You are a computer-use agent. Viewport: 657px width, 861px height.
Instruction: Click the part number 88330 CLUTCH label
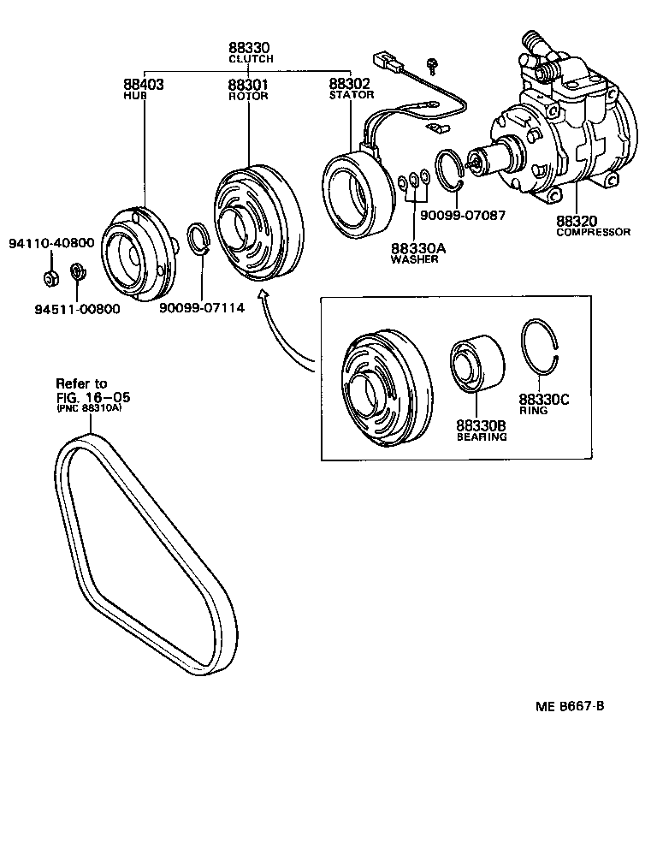pyautogui.click(x=250, y=53)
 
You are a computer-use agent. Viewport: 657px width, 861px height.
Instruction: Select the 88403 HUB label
pyautogui.click(x=144, y=89)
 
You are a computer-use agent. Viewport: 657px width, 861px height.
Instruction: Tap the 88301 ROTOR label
pyautogui.click(x=248, y=89)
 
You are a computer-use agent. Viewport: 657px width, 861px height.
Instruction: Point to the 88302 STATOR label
pyautogui.click(x=351, y=89)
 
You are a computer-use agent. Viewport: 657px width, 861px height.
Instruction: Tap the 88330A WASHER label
pyautogui.click(x=415, y=252)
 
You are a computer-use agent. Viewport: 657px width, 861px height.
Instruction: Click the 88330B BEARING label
pyautogui.click(x=482, y=430)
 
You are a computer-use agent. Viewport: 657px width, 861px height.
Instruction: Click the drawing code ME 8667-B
pyautogui.click(x=571, y=706)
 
